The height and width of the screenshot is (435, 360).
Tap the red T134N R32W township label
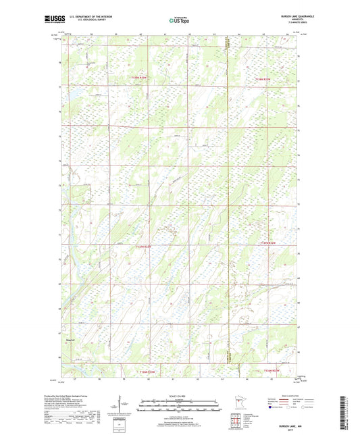pos(265,79)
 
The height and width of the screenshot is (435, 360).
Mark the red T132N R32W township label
pos(269,372)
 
